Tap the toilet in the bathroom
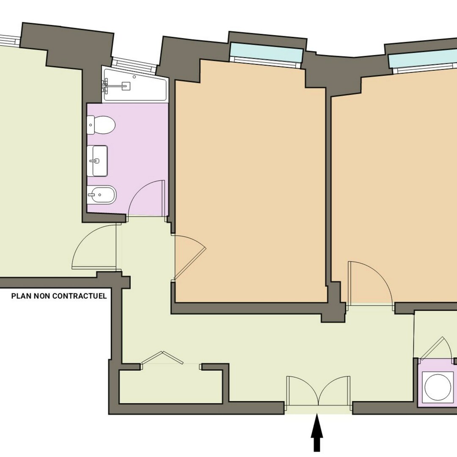(101, 125)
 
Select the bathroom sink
(97, 161)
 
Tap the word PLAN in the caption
(19, 296)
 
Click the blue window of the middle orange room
(266, 53)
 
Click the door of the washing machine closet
(432, 348)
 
